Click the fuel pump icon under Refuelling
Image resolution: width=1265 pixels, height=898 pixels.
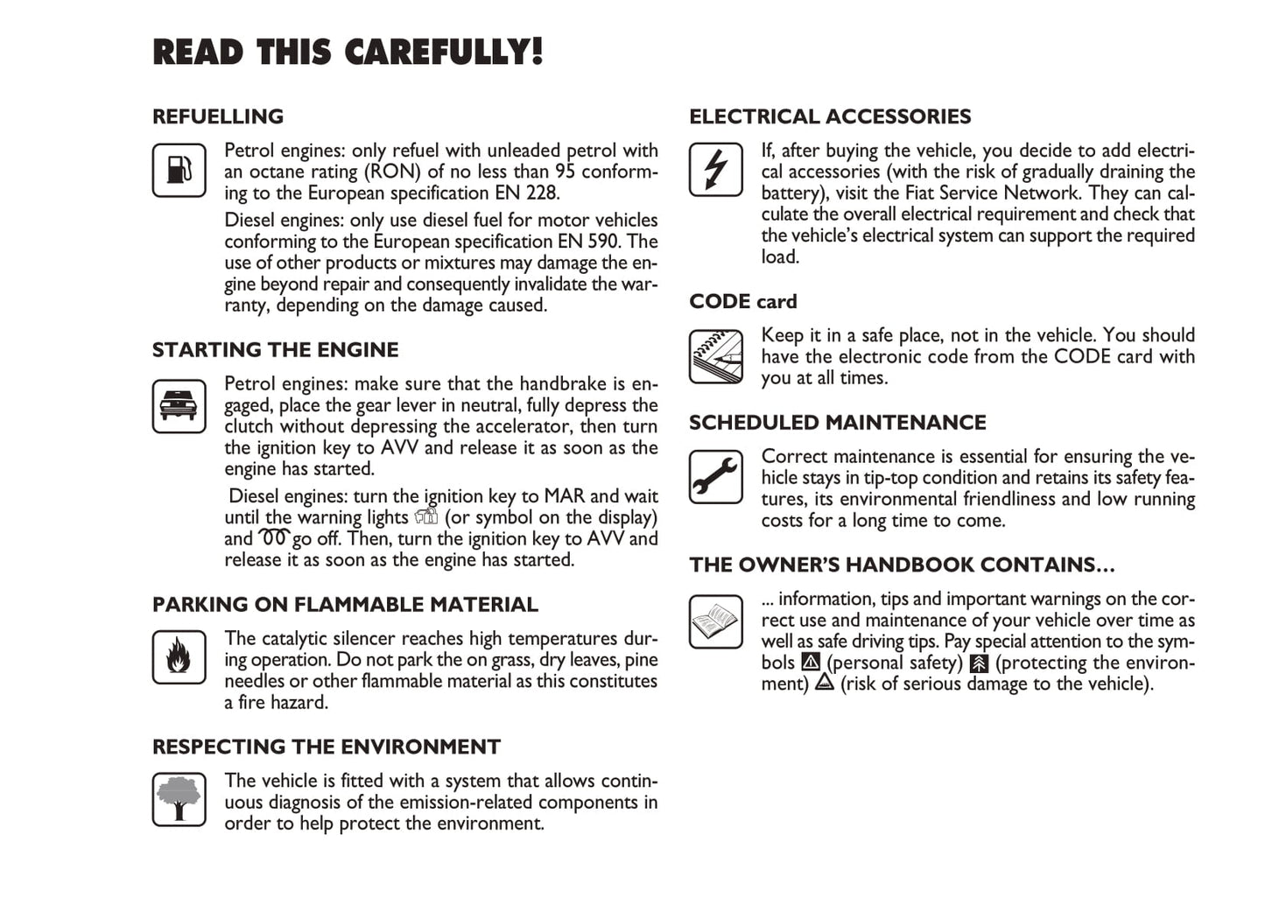(179, 170)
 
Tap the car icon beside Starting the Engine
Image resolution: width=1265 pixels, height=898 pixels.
(179, 405)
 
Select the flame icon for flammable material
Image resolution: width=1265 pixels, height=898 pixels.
(179, 656)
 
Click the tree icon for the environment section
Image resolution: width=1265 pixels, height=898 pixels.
(179, 798)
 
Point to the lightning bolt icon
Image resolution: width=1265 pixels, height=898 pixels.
(716, 169)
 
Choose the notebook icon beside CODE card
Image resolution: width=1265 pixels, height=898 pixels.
(716, 355)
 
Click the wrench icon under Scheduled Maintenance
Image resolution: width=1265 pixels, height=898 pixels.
(716, 476)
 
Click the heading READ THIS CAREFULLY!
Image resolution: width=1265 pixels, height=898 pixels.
(348, 53)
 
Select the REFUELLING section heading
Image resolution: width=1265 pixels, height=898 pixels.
(218, 116)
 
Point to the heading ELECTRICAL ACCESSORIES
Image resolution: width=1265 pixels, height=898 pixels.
(830, 116)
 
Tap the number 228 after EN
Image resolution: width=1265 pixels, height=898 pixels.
(542, 193)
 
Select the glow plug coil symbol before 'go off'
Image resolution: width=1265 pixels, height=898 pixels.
(273, 537)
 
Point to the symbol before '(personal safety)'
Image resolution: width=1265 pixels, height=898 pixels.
(811, 663)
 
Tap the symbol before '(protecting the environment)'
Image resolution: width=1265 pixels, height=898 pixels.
(979, 663)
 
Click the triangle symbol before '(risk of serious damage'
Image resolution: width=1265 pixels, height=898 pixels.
(824, 684)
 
